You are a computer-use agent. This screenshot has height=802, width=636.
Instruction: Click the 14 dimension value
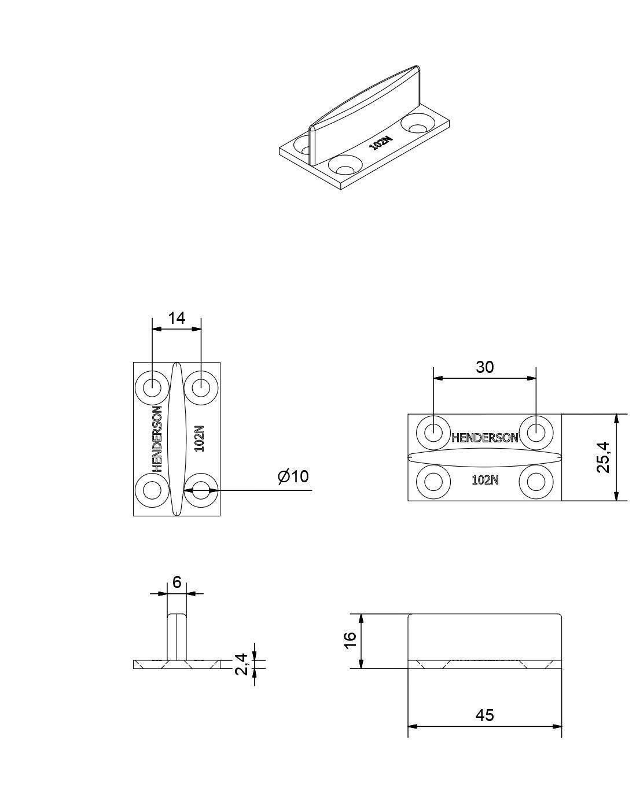(176, 318)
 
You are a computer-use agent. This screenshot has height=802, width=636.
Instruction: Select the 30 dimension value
(485, 367)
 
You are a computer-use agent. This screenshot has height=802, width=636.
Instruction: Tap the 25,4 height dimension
(603, 457)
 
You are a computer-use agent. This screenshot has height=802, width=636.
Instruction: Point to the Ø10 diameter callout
(293, 477)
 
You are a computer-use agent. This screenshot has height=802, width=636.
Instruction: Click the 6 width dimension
(177, 582)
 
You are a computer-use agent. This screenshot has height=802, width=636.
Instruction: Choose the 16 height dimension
(348, 640)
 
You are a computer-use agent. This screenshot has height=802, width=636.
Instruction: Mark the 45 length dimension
(484, 715)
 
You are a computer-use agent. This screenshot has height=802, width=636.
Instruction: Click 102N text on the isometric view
(381, 143)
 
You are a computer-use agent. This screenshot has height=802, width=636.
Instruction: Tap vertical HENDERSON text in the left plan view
(157, 438)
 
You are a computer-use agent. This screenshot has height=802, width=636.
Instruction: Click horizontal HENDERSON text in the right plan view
(484, 438)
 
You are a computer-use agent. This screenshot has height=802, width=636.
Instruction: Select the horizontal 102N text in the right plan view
(485, 480)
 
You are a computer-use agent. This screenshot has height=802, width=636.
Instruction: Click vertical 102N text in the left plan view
(199, 438)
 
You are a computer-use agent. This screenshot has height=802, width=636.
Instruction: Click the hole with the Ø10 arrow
(201, 490)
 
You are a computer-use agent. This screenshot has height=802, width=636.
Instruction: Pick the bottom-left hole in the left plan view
(152, 490)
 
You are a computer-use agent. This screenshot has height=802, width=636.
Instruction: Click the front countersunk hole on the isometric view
(345, 166)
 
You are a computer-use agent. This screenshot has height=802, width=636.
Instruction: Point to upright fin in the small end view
(177, 635)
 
